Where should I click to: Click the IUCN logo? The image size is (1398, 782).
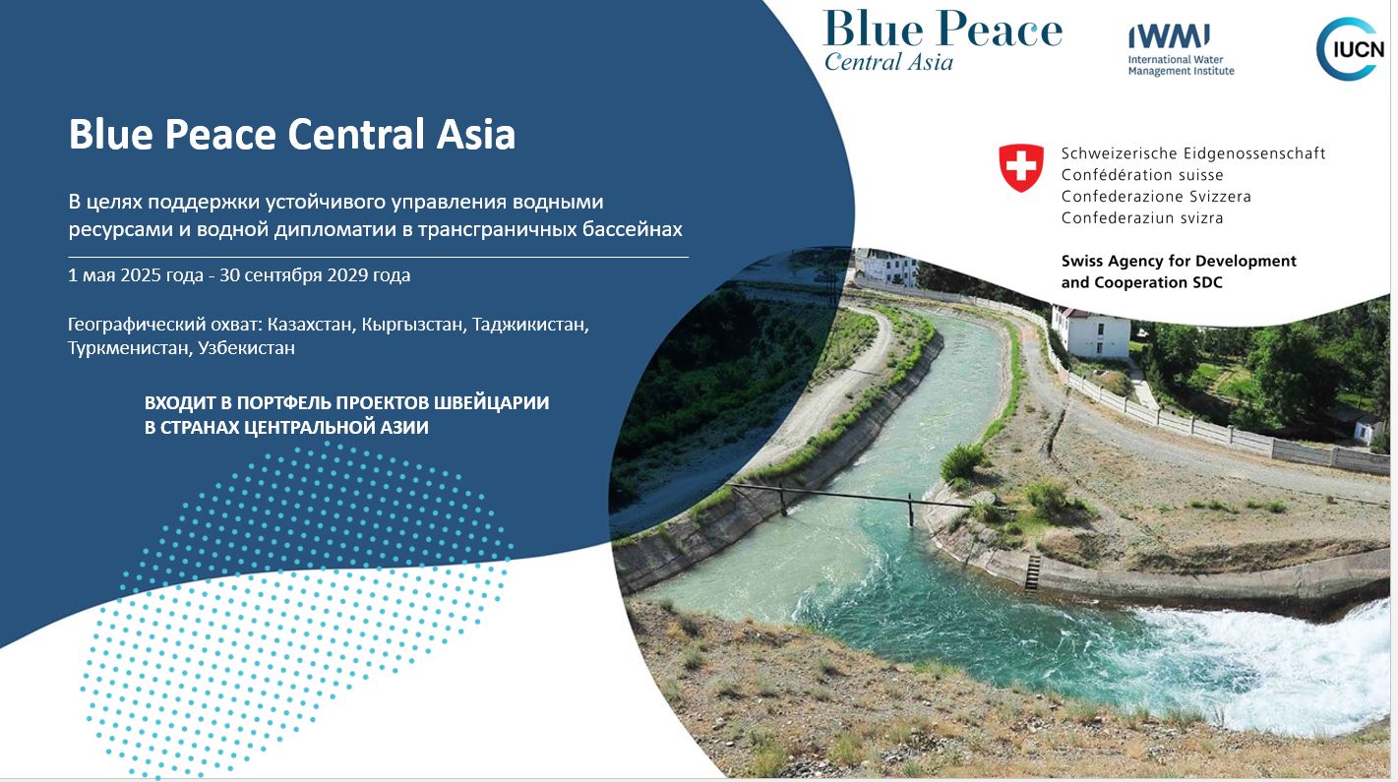(1350, 49)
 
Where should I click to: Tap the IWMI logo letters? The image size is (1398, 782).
(1169, 36)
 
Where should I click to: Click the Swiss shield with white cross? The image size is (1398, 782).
(1021, 167)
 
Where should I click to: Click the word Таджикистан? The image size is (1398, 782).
(530, 325)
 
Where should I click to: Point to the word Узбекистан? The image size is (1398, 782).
(247, 347)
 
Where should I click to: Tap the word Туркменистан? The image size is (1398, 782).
(130, 347)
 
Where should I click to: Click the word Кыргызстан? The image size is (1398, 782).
(414, 325)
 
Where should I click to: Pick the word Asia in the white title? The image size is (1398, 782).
(476, 134)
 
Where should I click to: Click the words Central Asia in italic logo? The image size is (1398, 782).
(888, 62)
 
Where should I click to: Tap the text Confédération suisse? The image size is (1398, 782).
(1142, 175)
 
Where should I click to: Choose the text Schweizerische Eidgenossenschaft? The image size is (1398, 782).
(1193, 153)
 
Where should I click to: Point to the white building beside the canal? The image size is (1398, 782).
(1090, 331)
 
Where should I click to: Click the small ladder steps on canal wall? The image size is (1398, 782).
(1032, 572)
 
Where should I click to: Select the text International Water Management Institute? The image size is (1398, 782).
(1181, 66)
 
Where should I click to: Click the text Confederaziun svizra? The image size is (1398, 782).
(1142, 217)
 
